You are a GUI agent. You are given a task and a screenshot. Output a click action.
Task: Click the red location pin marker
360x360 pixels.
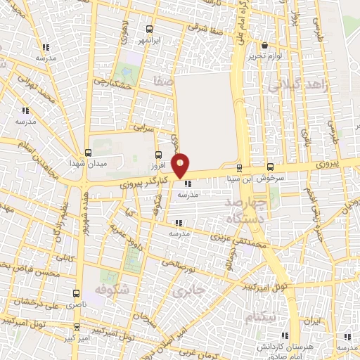181,165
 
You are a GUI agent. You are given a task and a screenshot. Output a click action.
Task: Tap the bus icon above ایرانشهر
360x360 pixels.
148,30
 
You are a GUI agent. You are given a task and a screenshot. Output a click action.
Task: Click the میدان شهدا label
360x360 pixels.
86,163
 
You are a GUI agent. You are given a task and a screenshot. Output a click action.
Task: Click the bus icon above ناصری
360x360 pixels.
77,293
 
